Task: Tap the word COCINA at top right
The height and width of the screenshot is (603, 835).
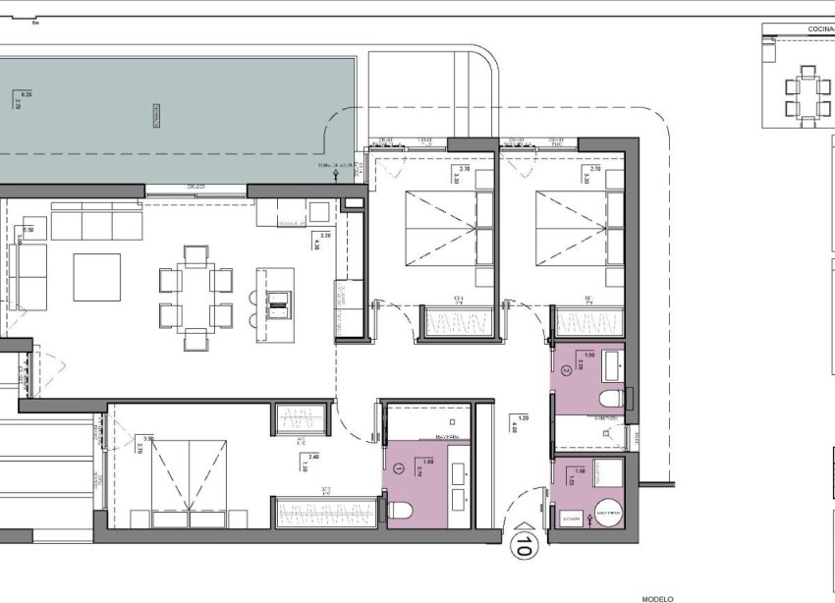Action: click(820, 29)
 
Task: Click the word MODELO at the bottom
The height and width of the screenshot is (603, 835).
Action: click(657, 597)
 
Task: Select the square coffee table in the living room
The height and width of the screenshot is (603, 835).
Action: click(96, 277)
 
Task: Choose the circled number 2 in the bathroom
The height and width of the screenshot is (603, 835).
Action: click(568, 371)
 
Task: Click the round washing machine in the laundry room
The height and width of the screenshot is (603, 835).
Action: click(610, 512)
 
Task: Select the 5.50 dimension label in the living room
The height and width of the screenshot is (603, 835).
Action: click(28, 230)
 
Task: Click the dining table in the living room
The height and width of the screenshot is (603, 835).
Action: click(195, 298)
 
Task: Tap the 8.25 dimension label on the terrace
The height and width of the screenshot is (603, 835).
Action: click(27, 94)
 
